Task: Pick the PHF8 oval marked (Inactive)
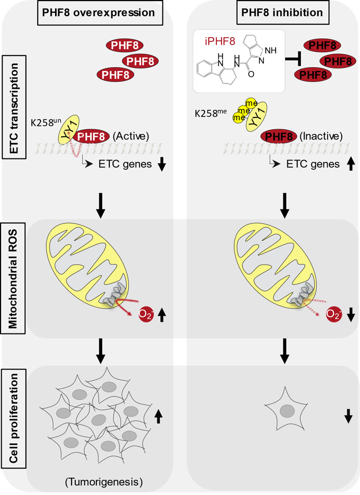point(280,137)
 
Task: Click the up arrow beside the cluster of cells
point(158,415)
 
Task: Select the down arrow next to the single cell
point(348,415)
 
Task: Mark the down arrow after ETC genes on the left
point(161,163)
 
